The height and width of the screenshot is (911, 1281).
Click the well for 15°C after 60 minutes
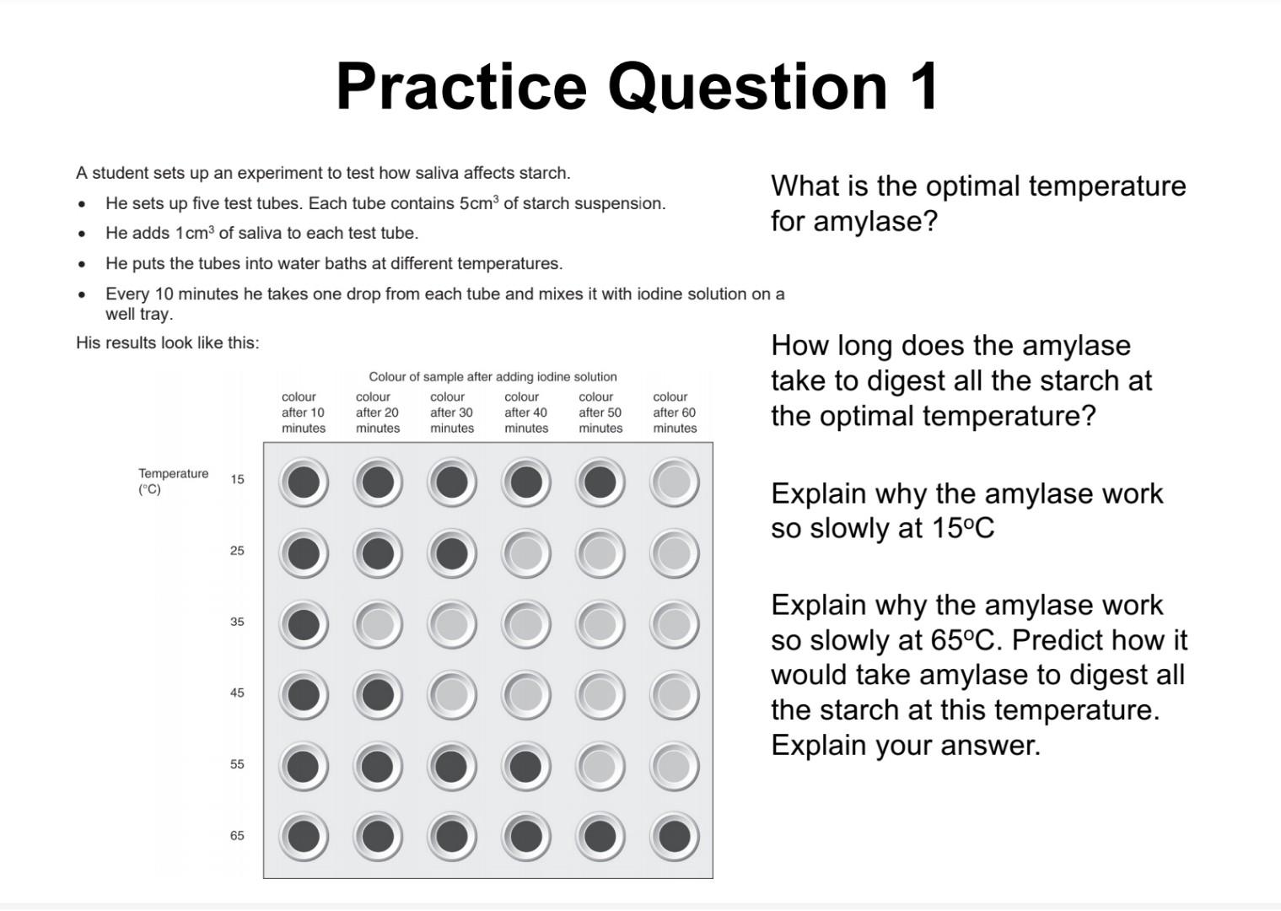(674, 482)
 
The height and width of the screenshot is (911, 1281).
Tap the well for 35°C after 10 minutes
(304, 625)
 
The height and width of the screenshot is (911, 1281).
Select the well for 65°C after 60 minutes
(674, 837)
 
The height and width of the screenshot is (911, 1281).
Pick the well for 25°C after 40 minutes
(526, 554)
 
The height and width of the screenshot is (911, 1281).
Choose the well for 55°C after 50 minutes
(600, 766)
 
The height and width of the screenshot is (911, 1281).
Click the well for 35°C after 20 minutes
(378, 625)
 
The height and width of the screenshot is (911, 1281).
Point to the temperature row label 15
(237, 479)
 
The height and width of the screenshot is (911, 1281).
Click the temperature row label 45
(237, 693)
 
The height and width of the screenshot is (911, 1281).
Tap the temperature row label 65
(237, 835)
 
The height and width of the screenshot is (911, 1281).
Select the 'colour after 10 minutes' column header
(303, 412)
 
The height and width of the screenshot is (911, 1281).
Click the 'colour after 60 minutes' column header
(675, 412)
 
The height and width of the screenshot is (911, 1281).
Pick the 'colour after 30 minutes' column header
(451, 412)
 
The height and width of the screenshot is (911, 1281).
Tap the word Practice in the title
(460, 86)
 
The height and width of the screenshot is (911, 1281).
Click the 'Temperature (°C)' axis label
(173, 481)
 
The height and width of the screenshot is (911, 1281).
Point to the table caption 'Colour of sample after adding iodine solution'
(492, 377)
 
